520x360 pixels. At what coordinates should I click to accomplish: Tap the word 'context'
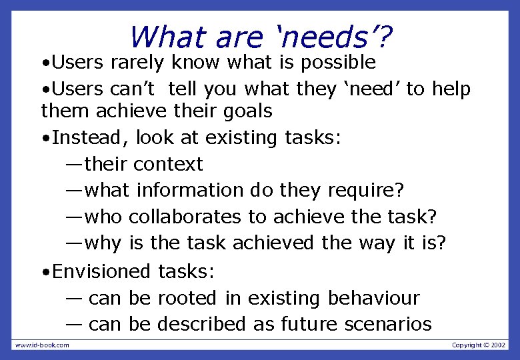pos(168,164)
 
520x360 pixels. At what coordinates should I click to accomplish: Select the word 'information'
pos(190,191)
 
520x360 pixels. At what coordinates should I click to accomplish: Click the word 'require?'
pos(366,191)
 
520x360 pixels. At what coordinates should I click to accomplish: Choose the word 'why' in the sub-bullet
pos(104,244)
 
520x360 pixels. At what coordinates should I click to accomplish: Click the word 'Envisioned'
pos(102,271)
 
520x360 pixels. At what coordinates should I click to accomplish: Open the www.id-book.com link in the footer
pos(42,345)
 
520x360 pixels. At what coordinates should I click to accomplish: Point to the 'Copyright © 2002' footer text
pos(479,345)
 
